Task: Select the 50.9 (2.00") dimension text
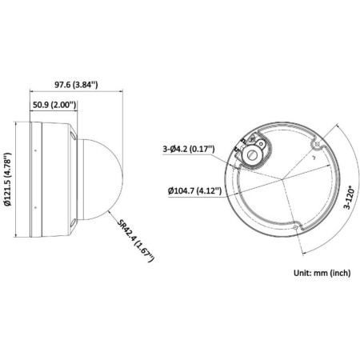pos(58,105)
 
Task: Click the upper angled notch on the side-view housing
pos(72,137)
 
